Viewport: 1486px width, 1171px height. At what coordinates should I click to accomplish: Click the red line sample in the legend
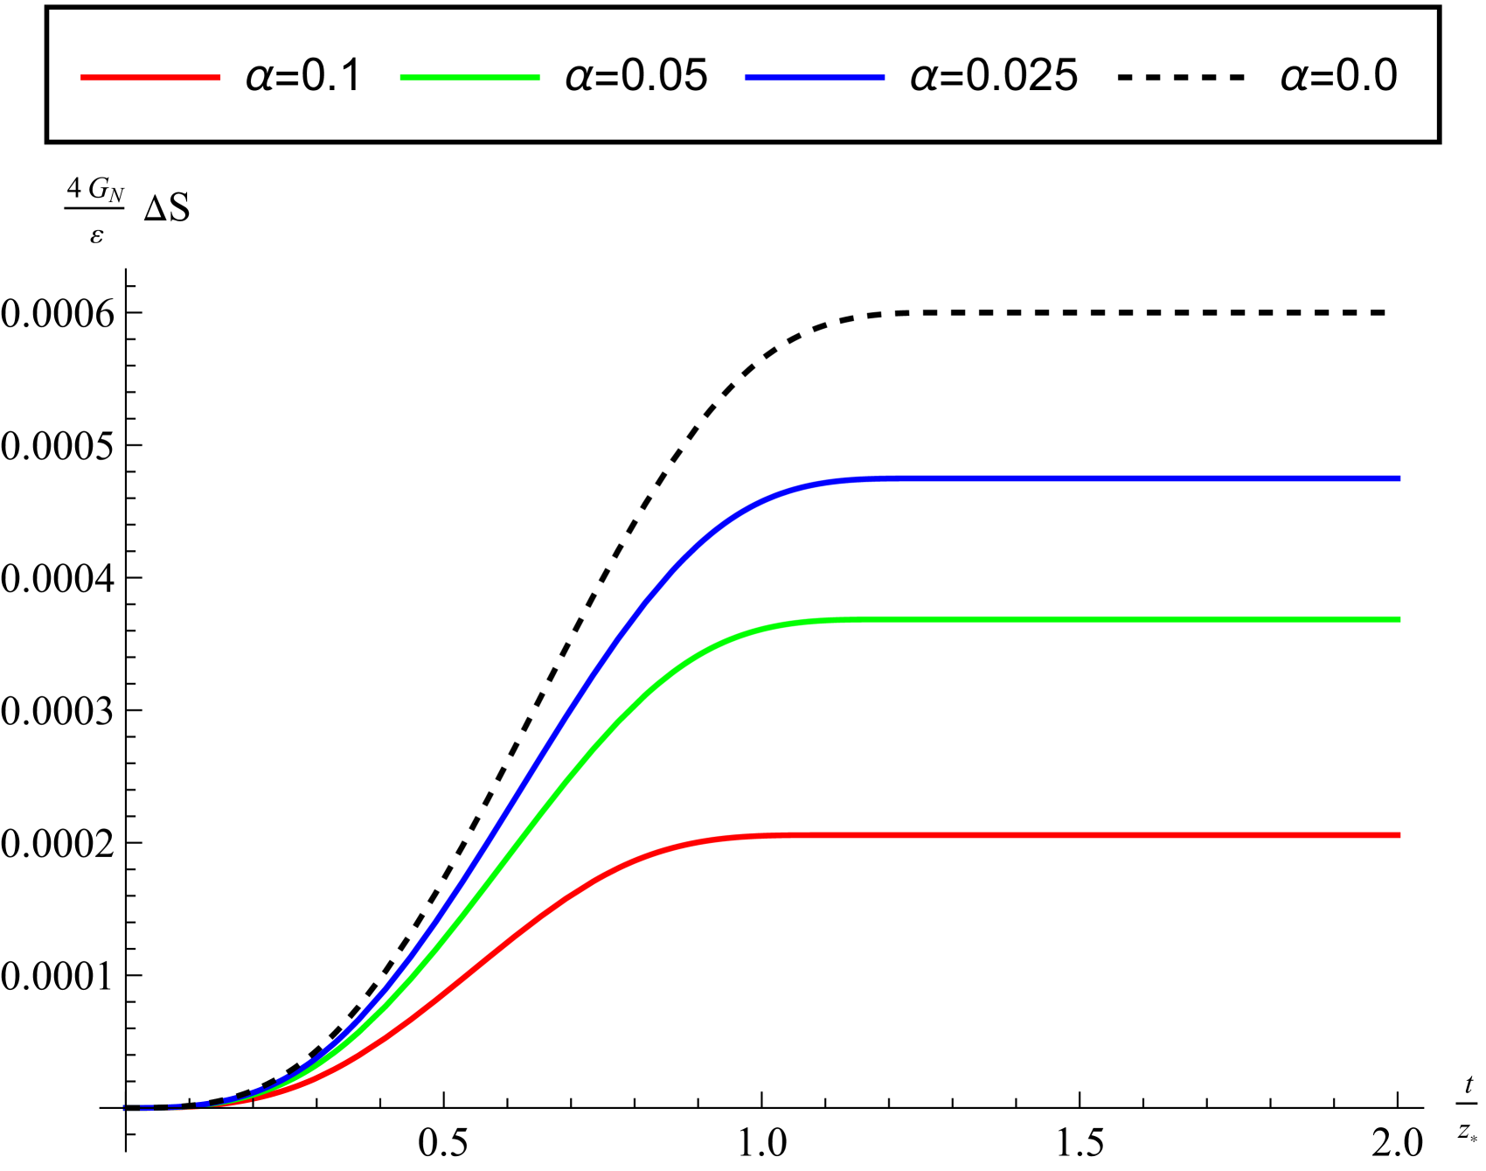coord(150,78)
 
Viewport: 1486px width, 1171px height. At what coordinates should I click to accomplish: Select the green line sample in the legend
coord(469,78)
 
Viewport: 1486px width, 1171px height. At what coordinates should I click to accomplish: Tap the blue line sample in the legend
coord(815,78)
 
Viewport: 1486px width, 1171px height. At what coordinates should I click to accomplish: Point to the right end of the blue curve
coord(1400,479)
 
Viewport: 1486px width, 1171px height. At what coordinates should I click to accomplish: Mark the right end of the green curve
coord(1400,619)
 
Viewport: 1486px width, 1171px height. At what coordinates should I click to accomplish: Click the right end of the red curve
coord(1400,835)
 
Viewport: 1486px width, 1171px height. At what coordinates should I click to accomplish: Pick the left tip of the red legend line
coord(81,78)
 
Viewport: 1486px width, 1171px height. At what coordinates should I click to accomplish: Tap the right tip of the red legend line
coord(220,78)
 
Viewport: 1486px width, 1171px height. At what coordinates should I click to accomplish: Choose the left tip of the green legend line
coord(400,78)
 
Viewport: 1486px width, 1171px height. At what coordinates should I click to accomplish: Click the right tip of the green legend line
coord(539,78)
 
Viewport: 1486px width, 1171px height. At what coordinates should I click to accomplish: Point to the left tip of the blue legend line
coord(746,78)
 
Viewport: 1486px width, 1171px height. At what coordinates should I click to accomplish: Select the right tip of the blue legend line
coord(885,78)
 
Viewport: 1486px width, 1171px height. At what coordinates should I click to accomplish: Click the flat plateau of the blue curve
coord(1136,479)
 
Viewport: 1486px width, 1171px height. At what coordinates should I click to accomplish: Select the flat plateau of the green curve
coord(1136,619)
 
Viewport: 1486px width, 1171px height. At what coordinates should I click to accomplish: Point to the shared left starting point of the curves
coord(125,1108)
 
